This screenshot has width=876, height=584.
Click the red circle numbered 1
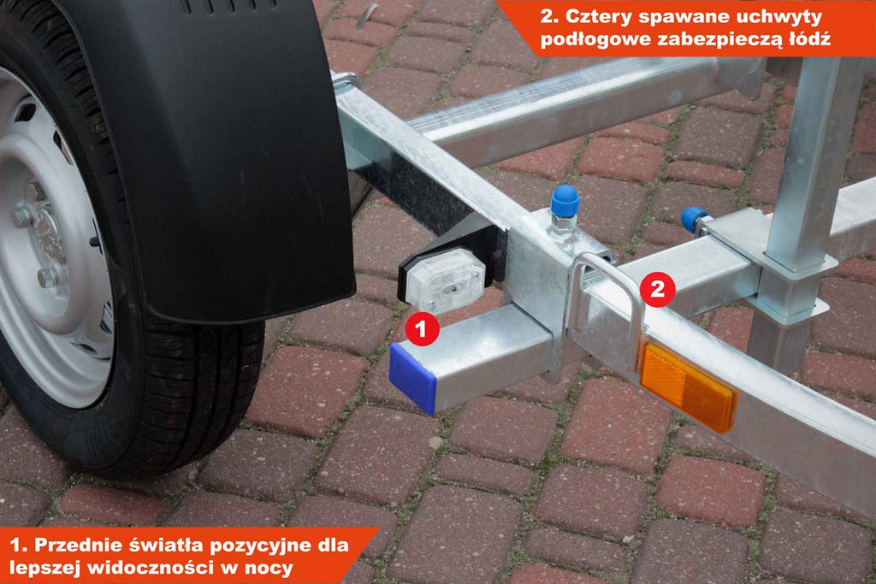coord(422,329)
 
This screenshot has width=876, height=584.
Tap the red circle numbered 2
coord(657,289)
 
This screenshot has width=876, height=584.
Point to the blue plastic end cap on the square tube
coord(412,377)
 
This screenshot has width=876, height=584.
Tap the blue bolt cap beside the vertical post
coord(694,218)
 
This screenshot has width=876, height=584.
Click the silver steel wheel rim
coord(44,240)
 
